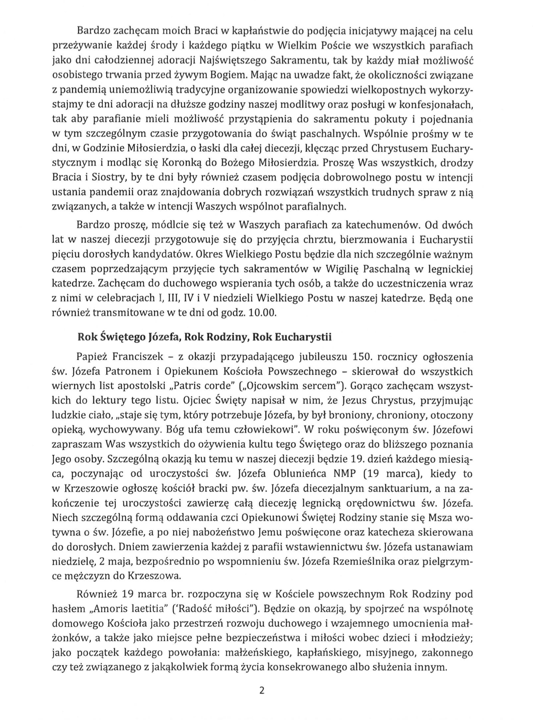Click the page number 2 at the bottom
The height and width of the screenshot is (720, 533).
point(261,691)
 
